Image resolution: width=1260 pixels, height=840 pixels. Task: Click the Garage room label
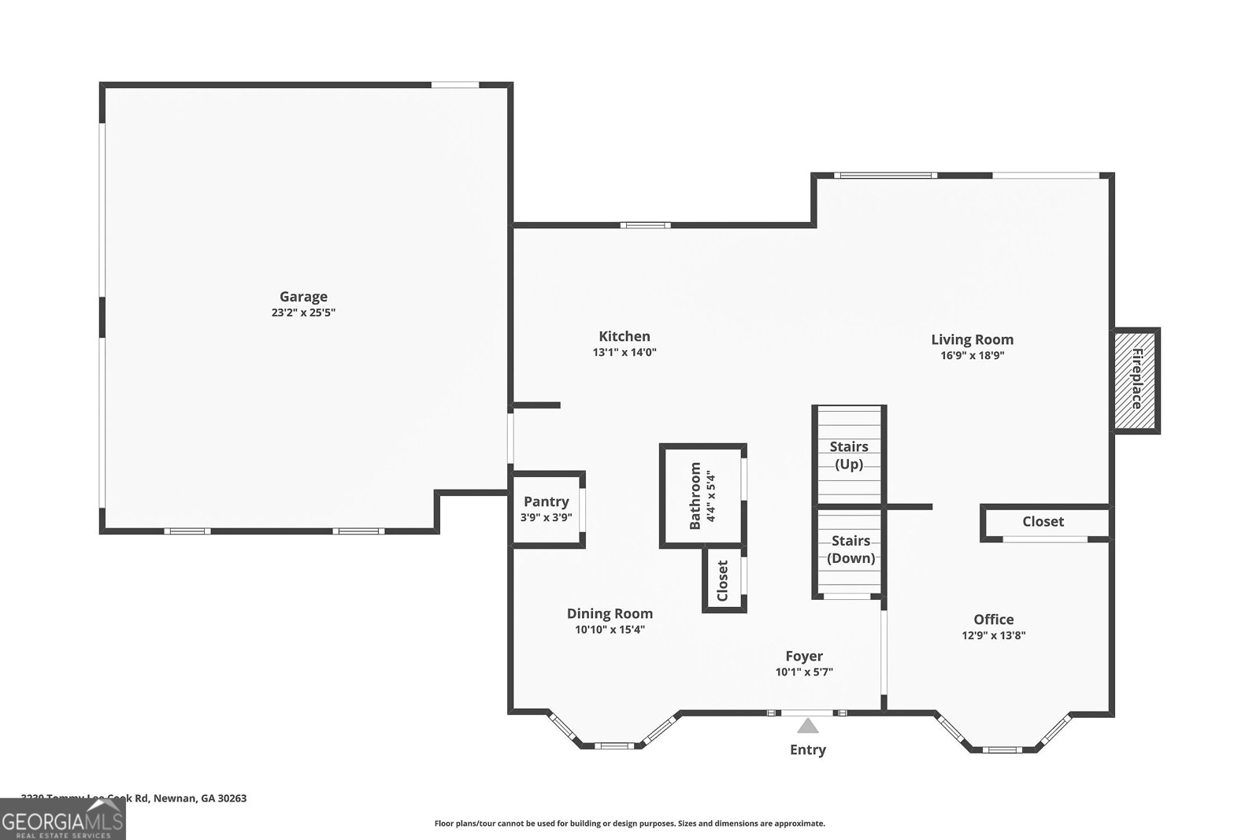tap(303, 297)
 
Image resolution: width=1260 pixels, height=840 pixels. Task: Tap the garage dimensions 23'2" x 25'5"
tap(303, 313)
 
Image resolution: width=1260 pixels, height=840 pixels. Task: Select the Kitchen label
tap(624, 336)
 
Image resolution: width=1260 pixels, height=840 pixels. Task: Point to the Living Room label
tap(972, 339)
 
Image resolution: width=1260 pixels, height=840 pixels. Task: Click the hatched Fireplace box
tap(1136, 379)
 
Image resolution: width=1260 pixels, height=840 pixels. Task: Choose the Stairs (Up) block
tap(849, 455)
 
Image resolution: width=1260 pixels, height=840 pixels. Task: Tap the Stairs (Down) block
tap(850, 550)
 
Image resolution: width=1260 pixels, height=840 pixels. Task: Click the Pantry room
tap(546, 509)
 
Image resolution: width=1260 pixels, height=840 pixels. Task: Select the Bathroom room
tap(702, 495)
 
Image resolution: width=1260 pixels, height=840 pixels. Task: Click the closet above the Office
tap(1043, 522)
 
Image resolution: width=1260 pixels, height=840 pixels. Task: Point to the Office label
tap(993, 620)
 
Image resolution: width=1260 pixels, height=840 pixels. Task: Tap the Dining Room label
tap(610, 614)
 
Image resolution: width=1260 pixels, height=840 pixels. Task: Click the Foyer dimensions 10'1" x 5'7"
tap(804, 672)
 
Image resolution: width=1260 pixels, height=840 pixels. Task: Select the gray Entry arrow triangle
tap(807, 726)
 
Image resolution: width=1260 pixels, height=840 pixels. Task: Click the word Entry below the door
tap(808, 749)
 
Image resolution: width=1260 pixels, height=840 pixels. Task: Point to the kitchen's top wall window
tap(645, 225)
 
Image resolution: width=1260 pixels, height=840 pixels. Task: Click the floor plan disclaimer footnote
tap(629, 823)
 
